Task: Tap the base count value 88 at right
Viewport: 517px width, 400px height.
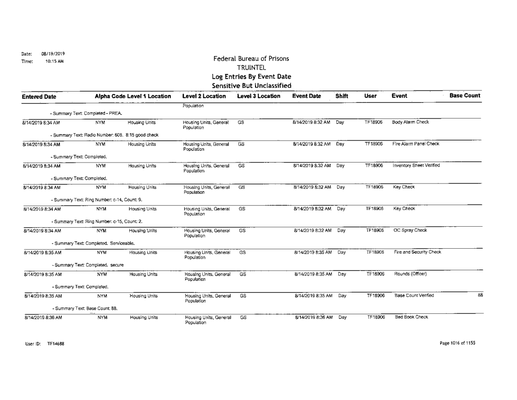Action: (x=480, y=295)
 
